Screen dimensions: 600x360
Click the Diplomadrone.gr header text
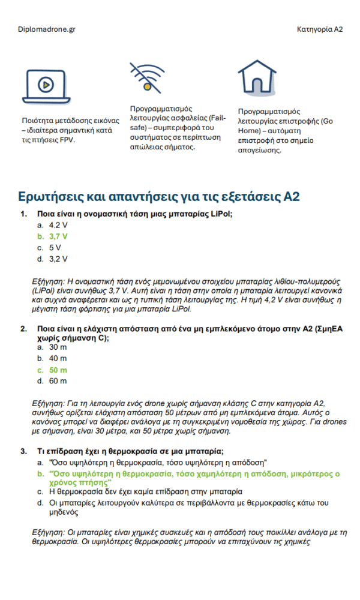coord(47,29)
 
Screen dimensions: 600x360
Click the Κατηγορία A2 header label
coord(320,29)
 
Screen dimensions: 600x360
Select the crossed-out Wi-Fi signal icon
coord(146,77)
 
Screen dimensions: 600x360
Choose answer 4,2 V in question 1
coord(58,225)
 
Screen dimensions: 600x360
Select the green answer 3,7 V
coord(58,236)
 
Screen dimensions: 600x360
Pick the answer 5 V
coord(55,247)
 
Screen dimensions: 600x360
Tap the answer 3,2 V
coord(58,259)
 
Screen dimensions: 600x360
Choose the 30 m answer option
coord(58,347)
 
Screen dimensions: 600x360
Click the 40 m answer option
coord(58,359)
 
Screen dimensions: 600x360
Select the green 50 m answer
coord(58,370)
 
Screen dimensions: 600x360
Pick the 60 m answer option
coord(58,381)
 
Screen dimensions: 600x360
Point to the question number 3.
coord(23,451)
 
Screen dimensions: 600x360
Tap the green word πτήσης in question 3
coord(99,482)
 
